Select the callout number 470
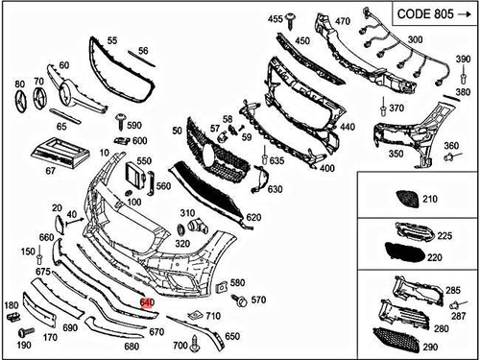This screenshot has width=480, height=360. click(341, 20)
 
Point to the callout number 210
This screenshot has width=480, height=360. click(428, 199)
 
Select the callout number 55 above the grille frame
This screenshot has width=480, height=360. click(112, 40)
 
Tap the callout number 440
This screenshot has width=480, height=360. click(347, 126)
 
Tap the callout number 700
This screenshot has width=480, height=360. click(180, 345)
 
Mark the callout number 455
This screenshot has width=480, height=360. click(275, 18)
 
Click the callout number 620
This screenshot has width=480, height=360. click(253, 218)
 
